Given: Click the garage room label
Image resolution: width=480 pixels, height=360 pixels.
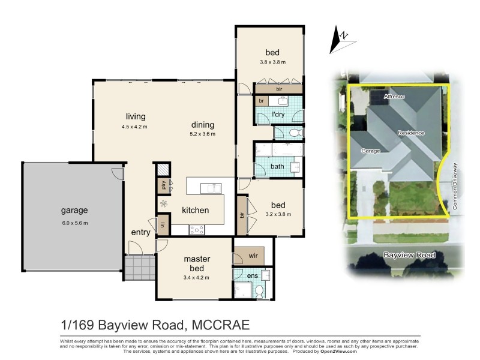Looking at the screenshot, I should point(74,211).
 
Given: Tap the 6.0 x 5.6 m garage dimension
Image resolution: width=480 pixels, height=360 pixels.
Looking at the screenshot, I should point(74,223).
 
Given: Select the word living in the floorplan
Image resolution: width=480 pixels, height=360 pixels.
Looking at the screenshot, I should point(136,116).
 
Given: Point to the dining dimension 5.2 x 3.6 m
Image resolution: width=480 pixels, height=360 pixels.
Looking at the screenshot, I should point(202,134).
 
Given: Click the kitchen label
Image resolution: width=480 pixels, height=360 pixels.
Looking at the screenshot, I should point(196,210).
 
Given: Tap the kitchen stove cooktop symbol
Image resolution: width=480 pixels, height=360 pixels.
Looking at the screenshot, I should point(197,229).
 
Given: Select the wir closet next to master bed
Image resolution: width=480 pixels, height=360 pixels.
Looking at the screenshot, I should point(253,257).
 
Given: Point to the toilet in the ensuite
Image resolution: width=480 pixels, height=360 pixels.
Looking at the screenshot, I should point(259,291).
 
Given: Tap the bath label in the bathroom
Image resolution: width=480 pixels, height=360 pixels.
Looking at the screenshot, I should point(277,166).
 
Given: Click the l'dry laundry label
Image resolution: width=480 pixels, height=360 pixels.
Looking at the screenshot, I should point(278,114).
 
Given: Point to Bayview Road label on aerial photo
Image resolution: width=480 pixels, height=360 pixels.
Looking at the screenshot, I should point(409,256).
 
